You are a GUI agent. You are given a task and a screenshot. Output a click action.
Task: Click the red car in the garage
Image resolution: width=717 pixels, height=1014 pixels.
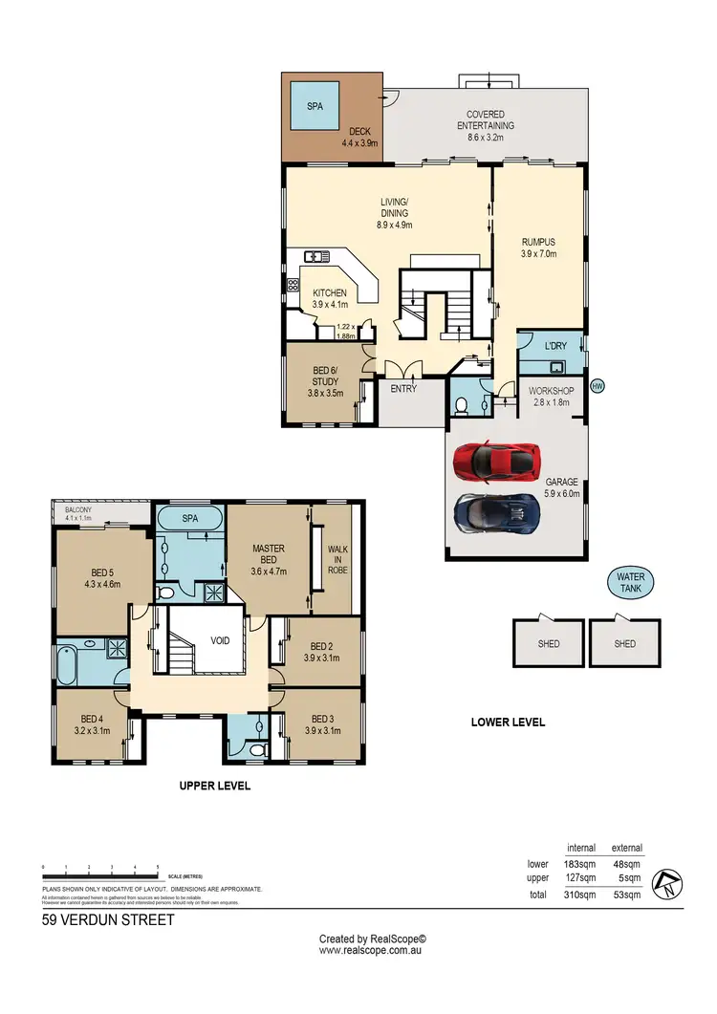pos(493,461)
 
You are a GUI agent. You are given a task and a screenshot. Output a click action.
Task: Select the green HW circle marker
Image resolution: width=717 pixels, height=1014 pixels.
pos(598,386)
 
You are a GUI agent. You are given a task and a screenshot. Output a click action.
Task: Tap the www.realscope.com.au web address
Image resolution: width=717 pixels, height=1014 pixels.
pos(372,950)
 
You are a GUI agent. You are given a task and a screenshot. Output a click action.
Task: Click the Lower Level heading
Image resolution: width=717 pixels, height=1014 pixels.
pos(508,723)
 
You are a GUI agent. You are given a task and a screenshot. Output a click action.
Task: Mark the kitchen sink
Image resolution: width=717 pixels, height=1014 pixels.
pos(316,255)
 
